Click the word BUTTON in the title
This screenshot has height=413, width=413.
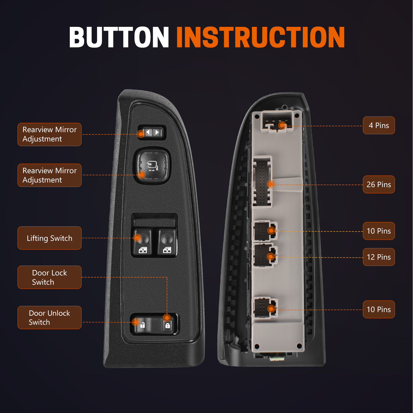(119, 37)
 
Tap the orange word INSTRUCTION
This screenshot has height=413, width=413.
(260, 37)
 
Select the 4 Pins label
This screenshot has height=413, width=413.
(379, 125)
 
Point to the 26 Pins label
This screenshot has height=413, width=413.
(379, 185)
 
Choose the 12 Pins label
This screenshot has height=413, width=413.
(379, 257)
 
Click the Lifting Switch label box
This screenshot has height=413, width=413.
(50, 238)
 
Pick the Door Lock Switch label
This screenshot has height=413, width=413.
(50, 277)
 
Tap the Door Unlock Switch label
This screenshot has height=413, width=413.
(50, 317)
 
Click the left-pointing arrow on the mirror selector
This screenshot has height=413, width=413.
(148, 132)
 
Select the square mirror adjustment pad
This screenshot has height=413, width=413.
(152, 165)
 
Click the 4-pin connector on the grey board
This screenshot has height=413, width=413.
(277, 122)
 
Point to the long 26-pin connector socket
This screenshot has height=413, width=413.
(262, 182)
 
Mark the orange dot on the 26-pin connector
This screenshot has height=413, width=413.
(271, 184)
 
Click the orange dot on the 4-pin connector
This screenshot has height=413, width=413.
(282, 125)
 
